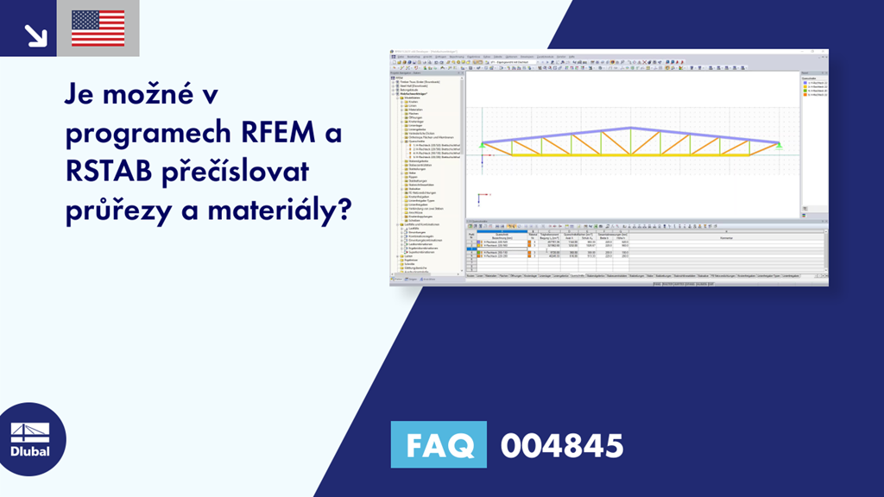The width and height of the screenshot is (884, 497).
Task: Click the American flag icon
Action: click(98, 28)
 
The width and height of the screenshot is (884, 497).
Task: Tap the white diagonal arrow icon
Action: click(35, 34)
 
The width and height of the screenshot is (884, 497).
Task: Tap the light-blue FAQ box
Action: click(439, 445)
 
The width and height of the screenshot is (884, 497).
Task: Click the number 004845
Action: click(561, 445)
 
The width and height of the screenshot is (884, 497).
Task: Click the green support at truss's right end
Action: click(780, 146)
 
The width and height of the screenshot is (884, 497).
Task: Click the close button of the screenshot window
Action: click(824, 53)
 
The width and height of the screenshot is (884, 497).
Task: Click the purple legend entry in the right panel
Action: click(814, 83)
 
